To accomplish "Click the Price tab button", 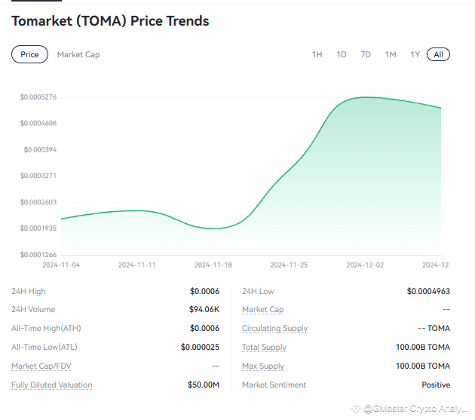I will [x=29, y=54].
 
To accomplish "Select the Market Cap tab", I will [x=78, y=54].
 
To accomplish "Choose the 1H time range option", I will [x=317, y=54].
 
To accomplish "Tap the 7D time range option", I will [x=366, y=54].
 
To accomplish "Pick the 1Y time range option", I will [x=415, y=54].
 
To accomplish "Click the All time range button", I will [x=438, y=54].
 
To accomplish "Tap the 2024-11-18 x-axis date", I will [x=213, y=265].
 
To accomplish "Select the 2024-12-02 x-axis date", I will [x=365, y=265].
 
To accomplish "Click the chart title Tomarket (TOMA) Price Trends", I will [x=110, y=21].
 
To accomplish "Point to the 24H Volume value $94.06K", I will [x=204, y=309].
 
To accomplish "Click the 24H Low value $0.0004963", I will [x=428, y=291].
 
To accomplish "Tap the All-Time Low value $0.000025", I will [x=200, y=347].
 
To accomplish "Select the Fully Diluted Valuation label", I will [x=51, y=385].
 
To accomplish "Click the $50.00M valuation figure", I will [x=204, y=385].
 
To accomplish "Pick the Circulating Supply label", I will [x=274, y=328].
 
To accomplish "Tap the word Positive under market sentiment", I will [x=436, y=385].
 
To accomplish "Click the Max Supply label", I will [x=263, y=366].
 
